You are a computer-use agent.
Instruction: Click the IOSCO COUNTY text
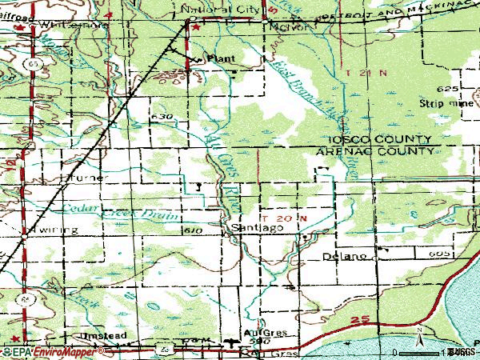click(385, 138)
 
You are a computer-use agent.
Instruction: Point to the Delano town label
click(345, 257)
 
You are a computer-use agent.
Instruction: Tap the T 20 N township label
click(290, 217)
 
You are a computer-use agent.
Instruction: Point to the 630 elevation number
click(160, 117)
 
